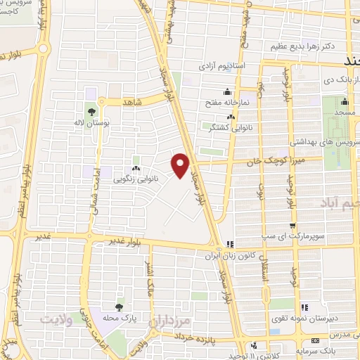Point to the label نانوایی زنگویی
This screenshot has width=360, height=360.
134,179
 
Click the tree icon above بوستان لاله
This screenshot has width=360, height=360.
91,110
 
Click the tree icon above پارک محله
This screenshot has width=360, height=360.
119,307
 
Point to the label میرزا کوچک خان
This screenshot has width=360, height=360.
267,161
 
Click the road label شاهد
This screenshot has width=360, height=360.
133,103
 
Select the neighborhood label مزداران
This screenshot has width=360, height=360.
173,319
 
